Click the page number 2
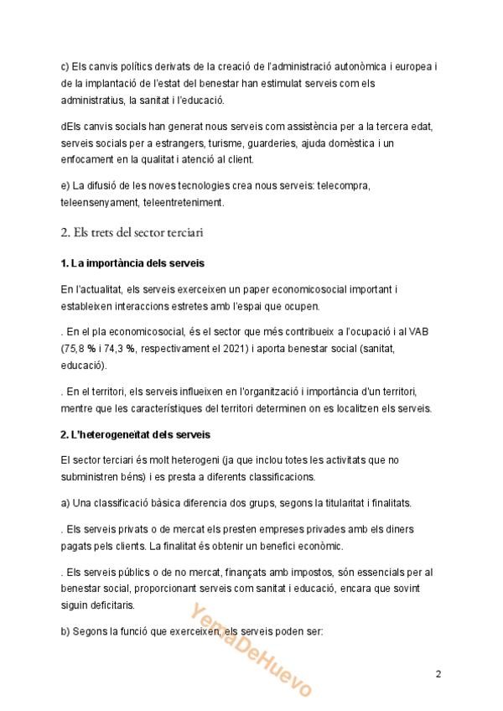pyautogui.click(x=438, y=673)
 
